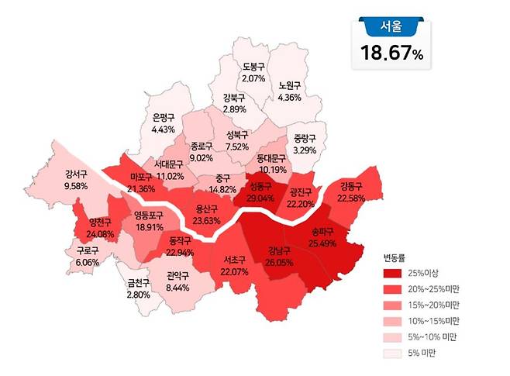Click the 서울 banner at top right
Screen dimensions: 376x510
pos(392,27)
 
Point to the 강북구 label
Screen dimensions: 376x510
pos(233,98)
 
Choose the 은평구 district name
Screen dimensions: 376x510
pos(164,118)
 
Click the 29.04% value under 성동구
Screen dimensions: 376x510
pos(261,198)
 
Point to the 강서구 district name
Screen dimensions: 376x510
pos(77,174)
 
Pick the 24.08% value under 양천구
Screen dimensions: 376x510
pos(102,234)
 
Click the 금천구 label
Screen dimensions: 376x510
pos(140,283)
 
